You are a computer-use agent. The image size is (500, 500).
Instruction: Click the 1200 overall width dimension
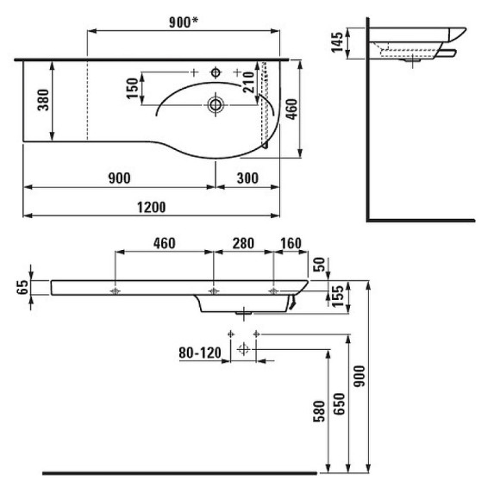[152, 206]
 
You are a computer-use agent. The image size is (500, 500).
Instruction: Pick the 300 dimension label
[246, 178]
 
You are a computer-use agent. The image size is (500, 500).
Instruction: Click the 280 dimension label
[242, 244]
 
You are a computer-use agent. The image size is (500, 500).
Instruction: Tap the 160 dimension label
[290, 244]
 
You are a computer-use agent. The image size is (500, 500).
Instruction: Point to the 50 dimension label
[322, 264]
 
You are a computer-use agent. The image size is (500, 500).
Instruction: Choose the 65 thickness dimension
[23, 287]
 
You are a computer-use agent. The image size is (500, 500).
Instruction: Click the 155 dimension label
[321, 295]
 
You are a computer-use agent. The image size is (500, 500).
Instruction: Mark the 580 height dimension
[319, 415]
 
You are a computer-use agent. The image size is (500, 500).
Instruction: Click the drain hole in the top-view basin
[216, 106]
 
